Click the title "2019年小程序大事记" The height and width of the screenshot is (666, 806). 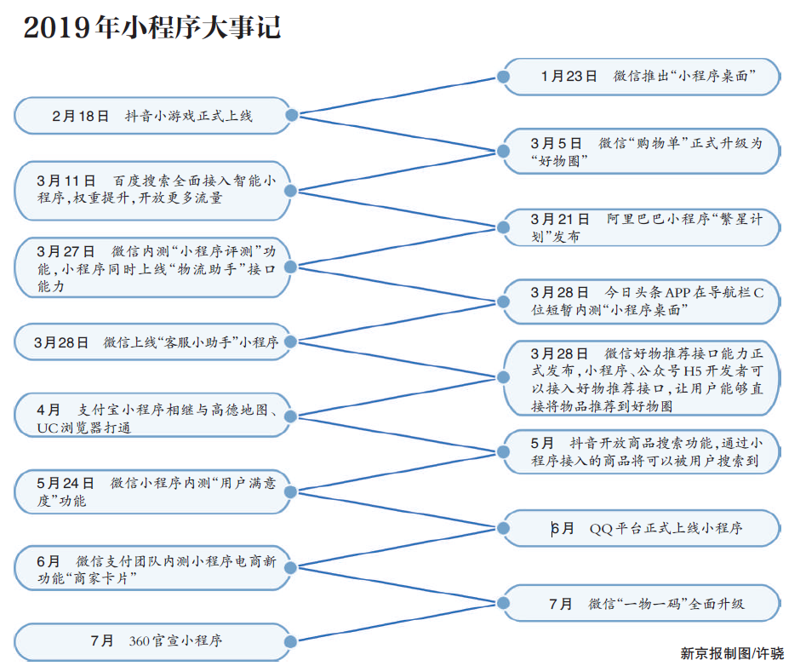(x=152, y=26)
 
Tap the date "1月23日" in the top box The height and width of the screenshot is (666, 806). (x=569, y=76)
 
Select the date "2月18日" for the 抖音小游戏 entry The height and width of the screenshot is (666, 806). (x=80, y=116)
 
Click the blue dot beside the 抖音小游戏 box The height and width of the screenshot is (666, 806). (x=291, y=115)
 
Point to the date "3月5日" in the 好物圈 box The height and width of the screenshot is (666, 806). (x=556, y=143)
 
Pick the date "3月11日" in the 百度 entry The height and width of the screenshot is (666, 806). (x=66, y=181)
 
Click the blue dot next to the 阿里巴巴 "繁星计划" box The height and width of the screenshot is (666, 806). (x=504, y=227)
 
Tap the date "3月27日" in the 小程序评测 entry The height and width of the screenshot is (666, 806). (x=66, y=251)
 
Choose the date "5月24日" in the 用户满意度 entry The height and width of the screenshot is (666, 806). (x=66, y=483)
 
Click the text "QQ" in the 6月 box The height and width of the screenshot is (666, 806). (x=600, y=529)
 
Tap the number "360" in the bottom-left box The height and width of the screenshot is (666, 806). (x=139, y=640)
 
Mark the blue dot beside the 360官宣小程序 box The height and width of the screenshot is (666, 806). (x=290, y=641)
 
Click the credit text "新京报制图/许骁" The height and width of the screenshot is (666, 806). (x=732, y=653)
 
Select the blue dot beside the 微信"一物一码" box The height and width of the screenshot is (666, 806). (x=504, y=603)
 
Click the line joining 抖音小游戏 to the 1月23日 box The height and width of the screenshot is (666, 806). (x=397, y=95)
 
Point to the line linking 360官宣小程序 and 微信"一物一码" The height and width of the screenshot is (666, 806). (x=397, y=623)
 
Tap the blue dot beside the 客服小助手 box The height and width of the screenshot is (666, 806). (x=290, y=342)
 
